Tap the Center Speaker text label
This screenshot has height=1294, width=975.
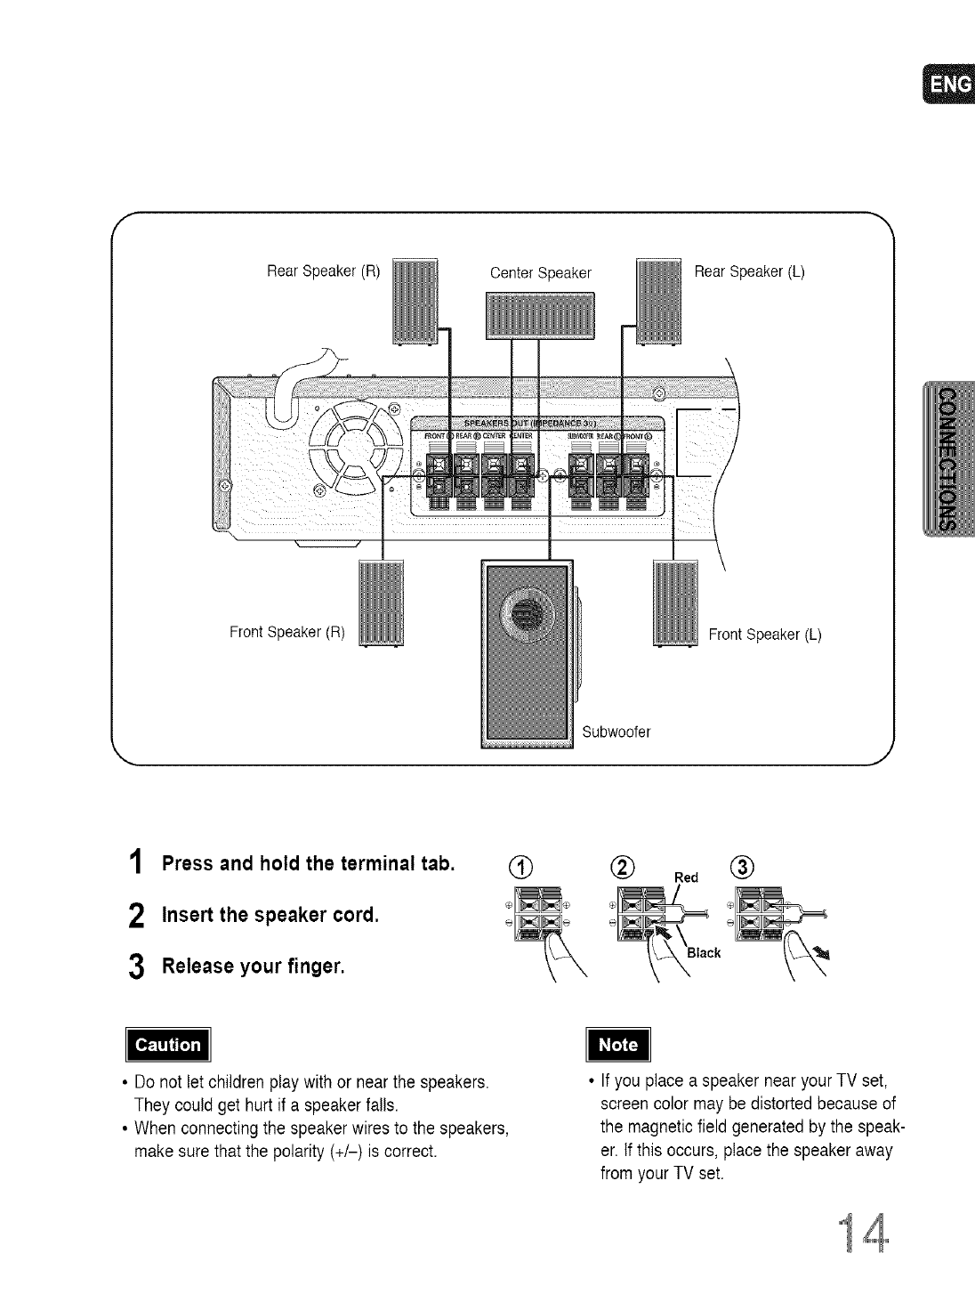[541, 272]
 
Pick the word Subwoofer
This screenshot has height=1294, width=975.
[616, 732]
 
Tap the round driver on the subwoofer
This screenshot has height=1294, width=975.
[526, 612]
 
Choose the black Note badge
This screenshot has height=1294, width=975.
[619, 1045]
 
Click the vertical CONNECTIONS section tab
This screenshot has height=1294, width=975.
[949, 458]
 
